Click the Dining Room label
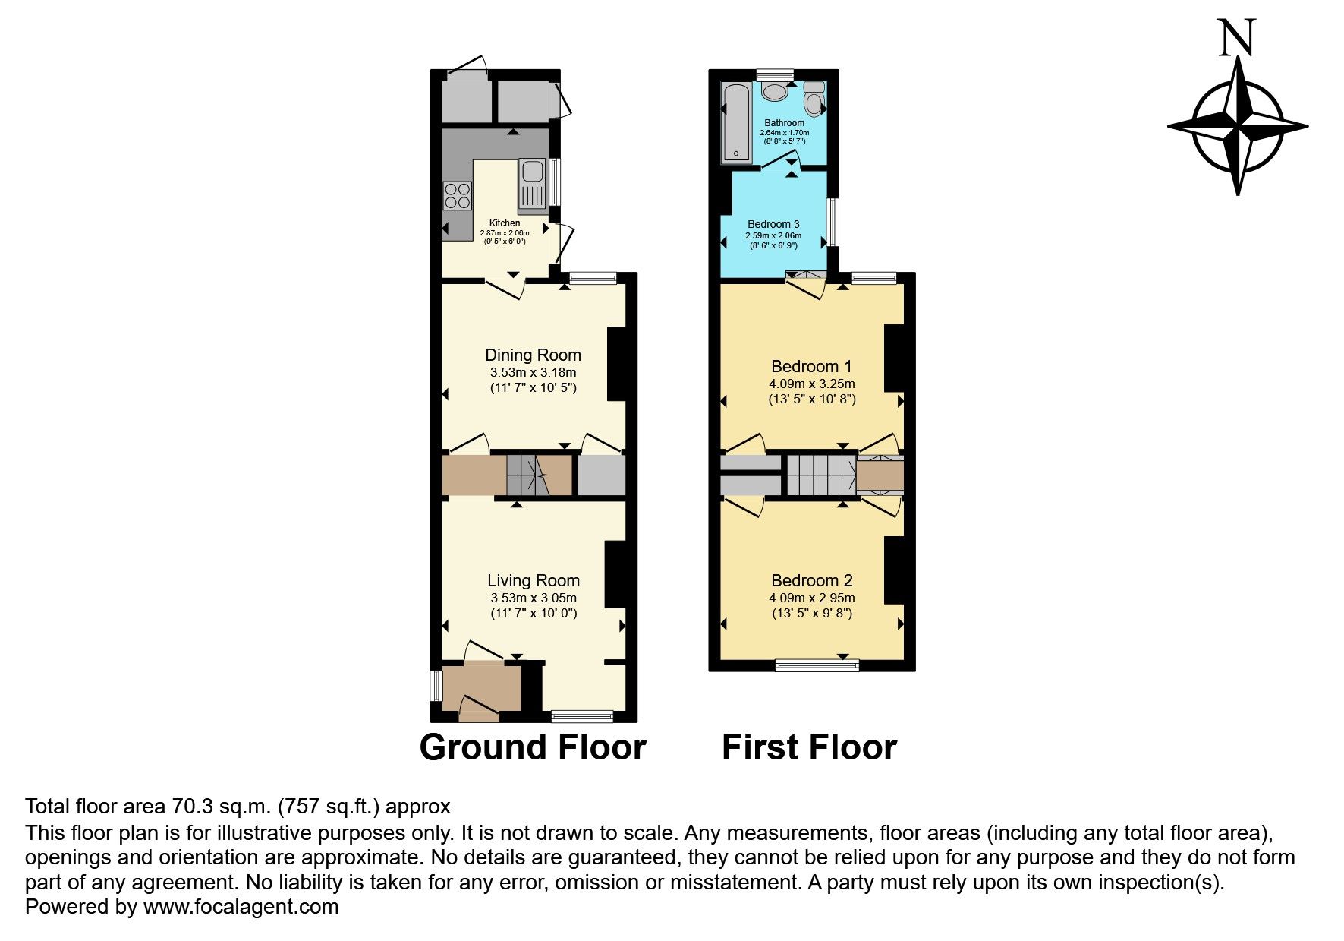coord(533,355)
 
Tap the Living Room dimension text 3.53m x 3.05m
coord(533,598)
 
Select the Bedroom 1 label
coord(811,366)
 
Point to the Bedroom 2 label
coord(811,581)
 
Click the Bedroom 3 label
coord(773,224)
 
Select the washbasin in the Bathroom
coord(775,92)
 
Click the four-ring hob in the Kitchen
coord(457,196)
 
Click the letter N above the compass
coord(1237,38)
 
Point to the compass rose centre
coord(1238,126)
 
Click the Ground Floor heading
coord(532,747)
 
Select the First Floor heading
coord(809,747)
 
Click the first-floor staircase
coord(820,475)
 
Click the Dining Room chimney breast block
coord(616,364)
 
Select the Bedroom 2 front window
coord(817,665)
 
